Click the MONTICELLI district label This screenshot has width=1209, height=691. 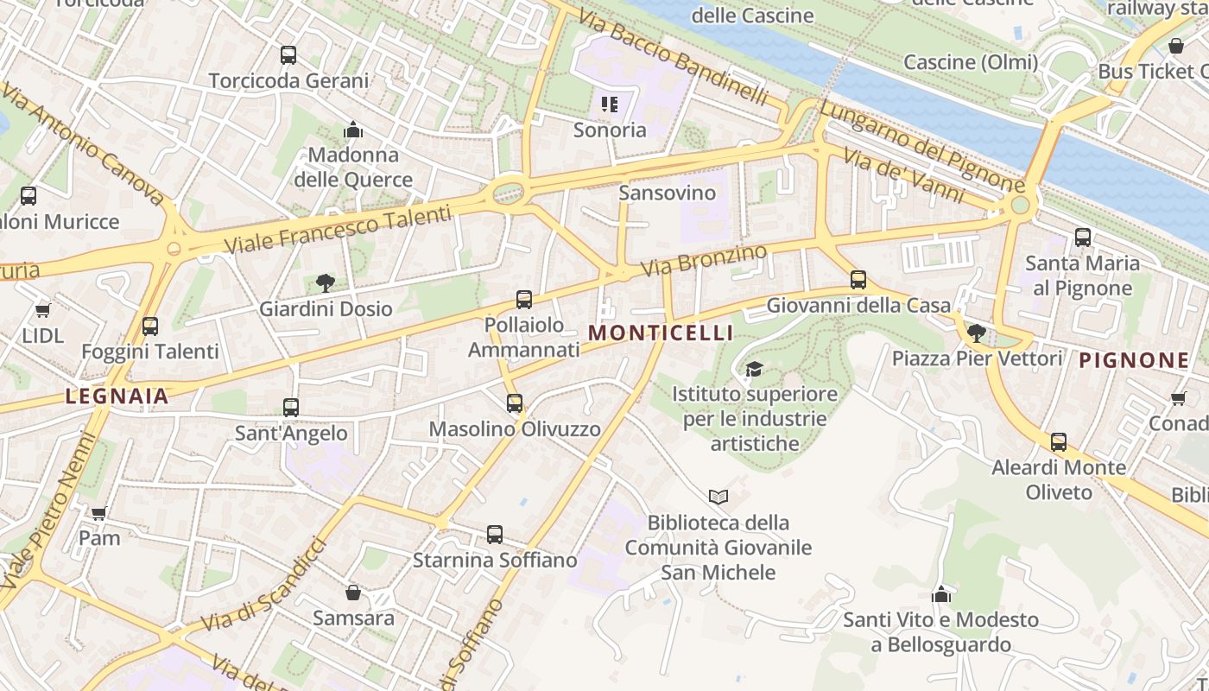661,333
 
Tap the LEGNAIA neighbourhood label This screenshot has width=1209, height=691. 117,396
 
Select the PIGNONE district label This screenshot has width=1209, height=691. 1134,360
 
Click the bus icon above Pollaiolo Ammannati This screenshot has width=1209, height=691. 524,300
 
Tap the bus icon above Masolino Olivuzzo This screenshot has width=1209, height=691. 515,403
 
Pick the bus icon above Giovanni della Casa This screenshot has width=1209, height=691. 858,279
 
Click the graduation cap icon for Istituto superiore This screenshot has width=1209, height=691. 754,369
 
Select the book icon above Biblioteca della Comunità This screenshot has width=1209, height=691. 718,497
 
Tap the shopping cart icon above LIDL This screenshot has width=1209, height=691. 42,310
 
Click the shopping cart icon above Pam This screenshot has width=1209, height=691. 99,512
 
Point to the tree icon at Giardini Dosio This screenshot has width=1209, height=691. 326,282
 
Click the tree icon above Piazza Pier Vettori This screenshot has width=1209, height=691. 977,333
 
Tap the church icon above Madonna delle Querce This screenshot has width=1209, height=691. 352,130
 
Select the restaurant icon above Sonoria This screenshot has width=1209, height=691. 610,105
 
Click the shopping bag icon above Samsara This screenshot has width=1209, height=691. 352,593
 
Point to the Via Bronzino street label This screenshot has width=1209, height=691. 704,261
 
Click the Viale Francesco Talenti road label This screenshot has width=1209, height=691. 338,230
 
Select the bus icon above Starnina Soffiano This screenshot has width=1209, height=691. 495,535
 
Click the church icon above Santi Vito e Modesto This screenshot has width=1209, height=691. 941,594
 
